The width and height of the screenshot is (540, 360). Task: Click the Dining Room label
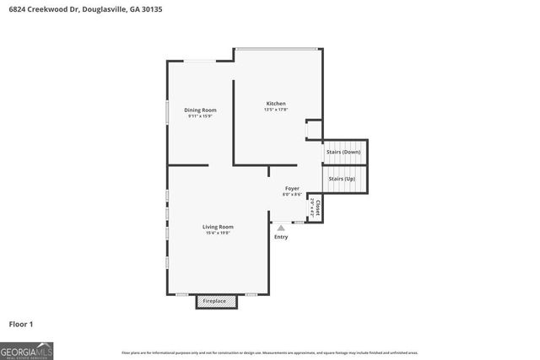pos(202,110)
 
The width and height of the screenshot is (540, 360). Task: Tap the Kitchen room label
pos(276,104)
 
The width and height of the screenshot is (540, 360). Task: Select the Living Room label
pos(218,226)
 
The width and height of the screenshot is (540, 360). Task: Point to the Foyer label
pos(292,188)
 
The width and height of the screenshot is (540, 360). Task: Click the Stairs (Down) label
pos(343,152)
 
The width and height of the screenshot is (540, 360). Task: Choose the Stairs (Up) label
pos(341,179)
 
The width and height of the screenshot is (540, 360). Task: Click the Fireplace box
pos(213,301)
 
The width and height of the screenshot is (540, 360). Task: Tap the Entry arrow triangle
pos(281,227)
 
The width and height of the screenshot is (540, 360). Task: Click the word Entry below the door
pos(281,237)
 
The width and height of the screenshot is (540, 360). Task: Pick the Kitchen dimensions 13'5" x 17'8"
pos(276,110)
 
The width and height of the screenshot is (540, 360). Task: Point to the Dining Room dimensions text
pos(202,116)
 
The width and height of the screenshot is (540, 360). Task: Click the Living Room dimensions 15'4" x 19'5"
pos(218,233)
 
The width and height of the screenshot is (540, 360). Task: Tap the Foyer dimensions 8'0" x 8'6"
pos(292,195)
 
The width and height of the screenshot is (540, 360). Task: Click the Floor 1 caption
pos(20,324)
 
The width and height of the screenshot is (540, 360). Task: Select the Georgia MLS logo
pos(27,349)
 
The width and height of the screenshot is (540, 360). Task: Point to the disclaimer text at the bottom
pos(270,352)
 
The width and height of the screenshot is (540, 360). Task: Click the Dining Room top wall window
pos(200,60)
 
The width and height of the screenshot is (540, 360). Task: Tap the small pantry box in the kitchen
pos(313,130)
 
